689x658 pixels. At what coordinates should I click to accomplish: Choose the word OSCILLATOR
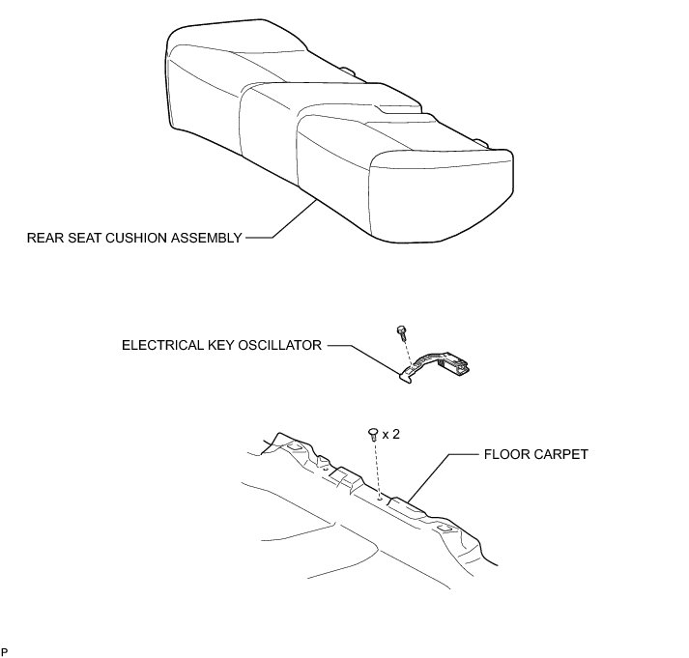(283, 344)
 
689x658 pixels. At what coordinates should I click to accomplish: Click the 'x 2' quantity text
(391, 435)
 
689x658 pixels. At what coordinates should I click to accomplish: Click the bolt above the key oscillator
(400, 333)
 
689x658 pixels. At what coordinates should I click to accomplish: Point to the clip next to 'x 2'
(373, 436)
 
